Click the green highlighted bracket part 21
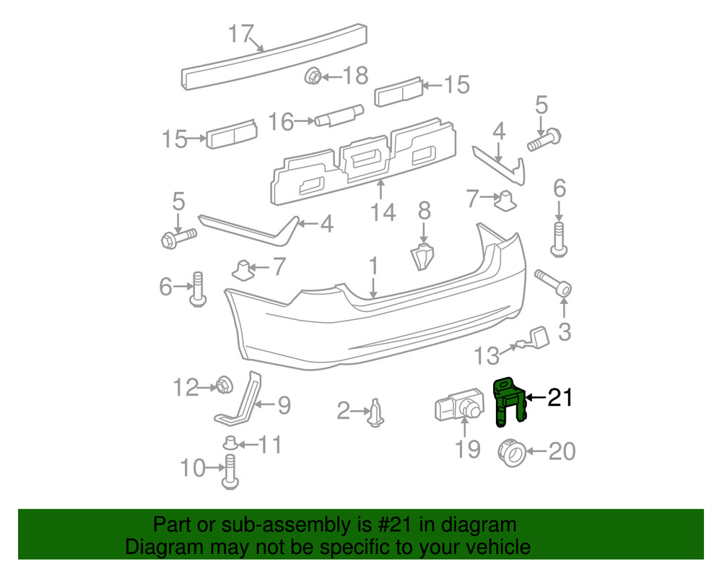click(508, 402)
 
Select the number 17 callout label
click(243, 34)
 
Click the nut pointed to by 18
click(313, 74)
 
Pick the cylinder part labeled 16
click(339, 116)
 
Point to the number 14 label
click(383, 213)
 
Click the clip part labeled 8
click(423, 255)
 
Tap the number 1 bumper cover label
click(373, 266)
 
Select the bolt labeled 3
click(554, 284)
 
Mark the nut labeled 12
click(223, 386)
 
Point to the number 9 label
click(284, 406)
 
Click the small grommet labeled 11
click(230, 443)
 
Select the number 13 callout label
click(487, 355)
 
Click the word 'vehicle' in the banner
click(497, 547)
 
